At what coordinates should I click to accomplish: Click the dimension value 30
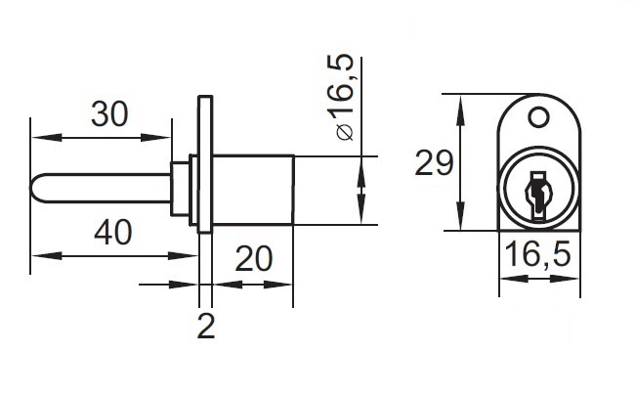[109, 114]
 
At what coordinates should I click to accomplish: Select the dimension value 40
[114, 232]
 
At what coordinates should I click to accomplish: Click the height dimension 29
[434, 162]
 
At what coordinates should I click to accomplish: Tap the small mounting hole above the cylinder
[536, 117]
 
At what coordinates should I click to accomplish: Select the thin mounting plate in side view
[204, 164]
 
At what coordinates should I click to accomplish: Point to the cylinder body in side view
[252, 189]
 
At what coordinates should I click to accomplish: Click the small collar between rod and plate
[182, 189]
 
